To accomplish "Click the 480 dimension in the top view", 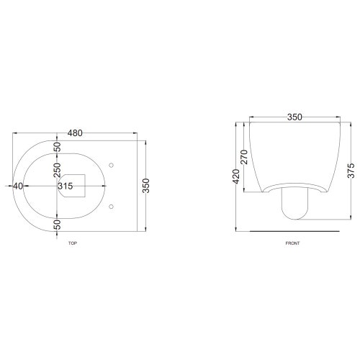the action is [75, 133].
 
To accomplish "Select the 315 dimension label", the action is [66, 186].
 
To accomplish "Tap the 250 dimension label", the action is [57, 170].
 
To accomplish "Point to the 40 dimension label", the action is [18, 186].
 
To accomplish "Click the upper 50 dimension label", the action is [57, 147].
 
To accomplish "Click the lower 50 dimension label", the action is [57, 225].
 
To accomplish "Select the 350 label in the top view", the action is [146, 186].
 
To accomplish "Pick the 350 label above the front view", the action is [294, 117].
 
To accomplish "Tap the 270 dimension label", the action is [244, 157].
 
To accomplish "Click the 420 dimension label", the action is [236, 176].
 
